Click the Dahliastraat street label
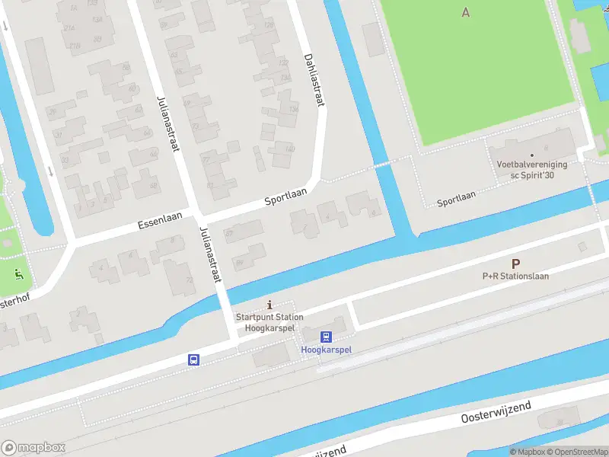pos(314,79)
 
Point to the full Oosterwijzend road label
pos(495,412)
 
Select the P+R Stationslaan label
pos(515,276)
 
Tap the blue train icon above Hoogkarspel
pos(326,337)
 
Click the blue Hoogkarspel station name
pos(327,350)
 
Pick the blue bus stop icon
pos(194,360)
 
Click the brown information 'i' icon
pos(269,305)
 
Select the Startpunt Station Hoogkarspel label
pos(269,322)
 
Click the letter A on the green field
pos(465,11)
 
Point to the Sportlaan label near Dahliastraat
pos(285,197)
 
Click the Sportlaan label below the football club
pos(456,199)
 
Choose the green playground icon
pos(19,273)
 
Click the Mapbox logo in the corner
pos(33,448)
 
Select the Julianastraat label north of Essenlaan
pos(167,123)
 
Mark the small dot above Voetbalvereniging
pos(544,155)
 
